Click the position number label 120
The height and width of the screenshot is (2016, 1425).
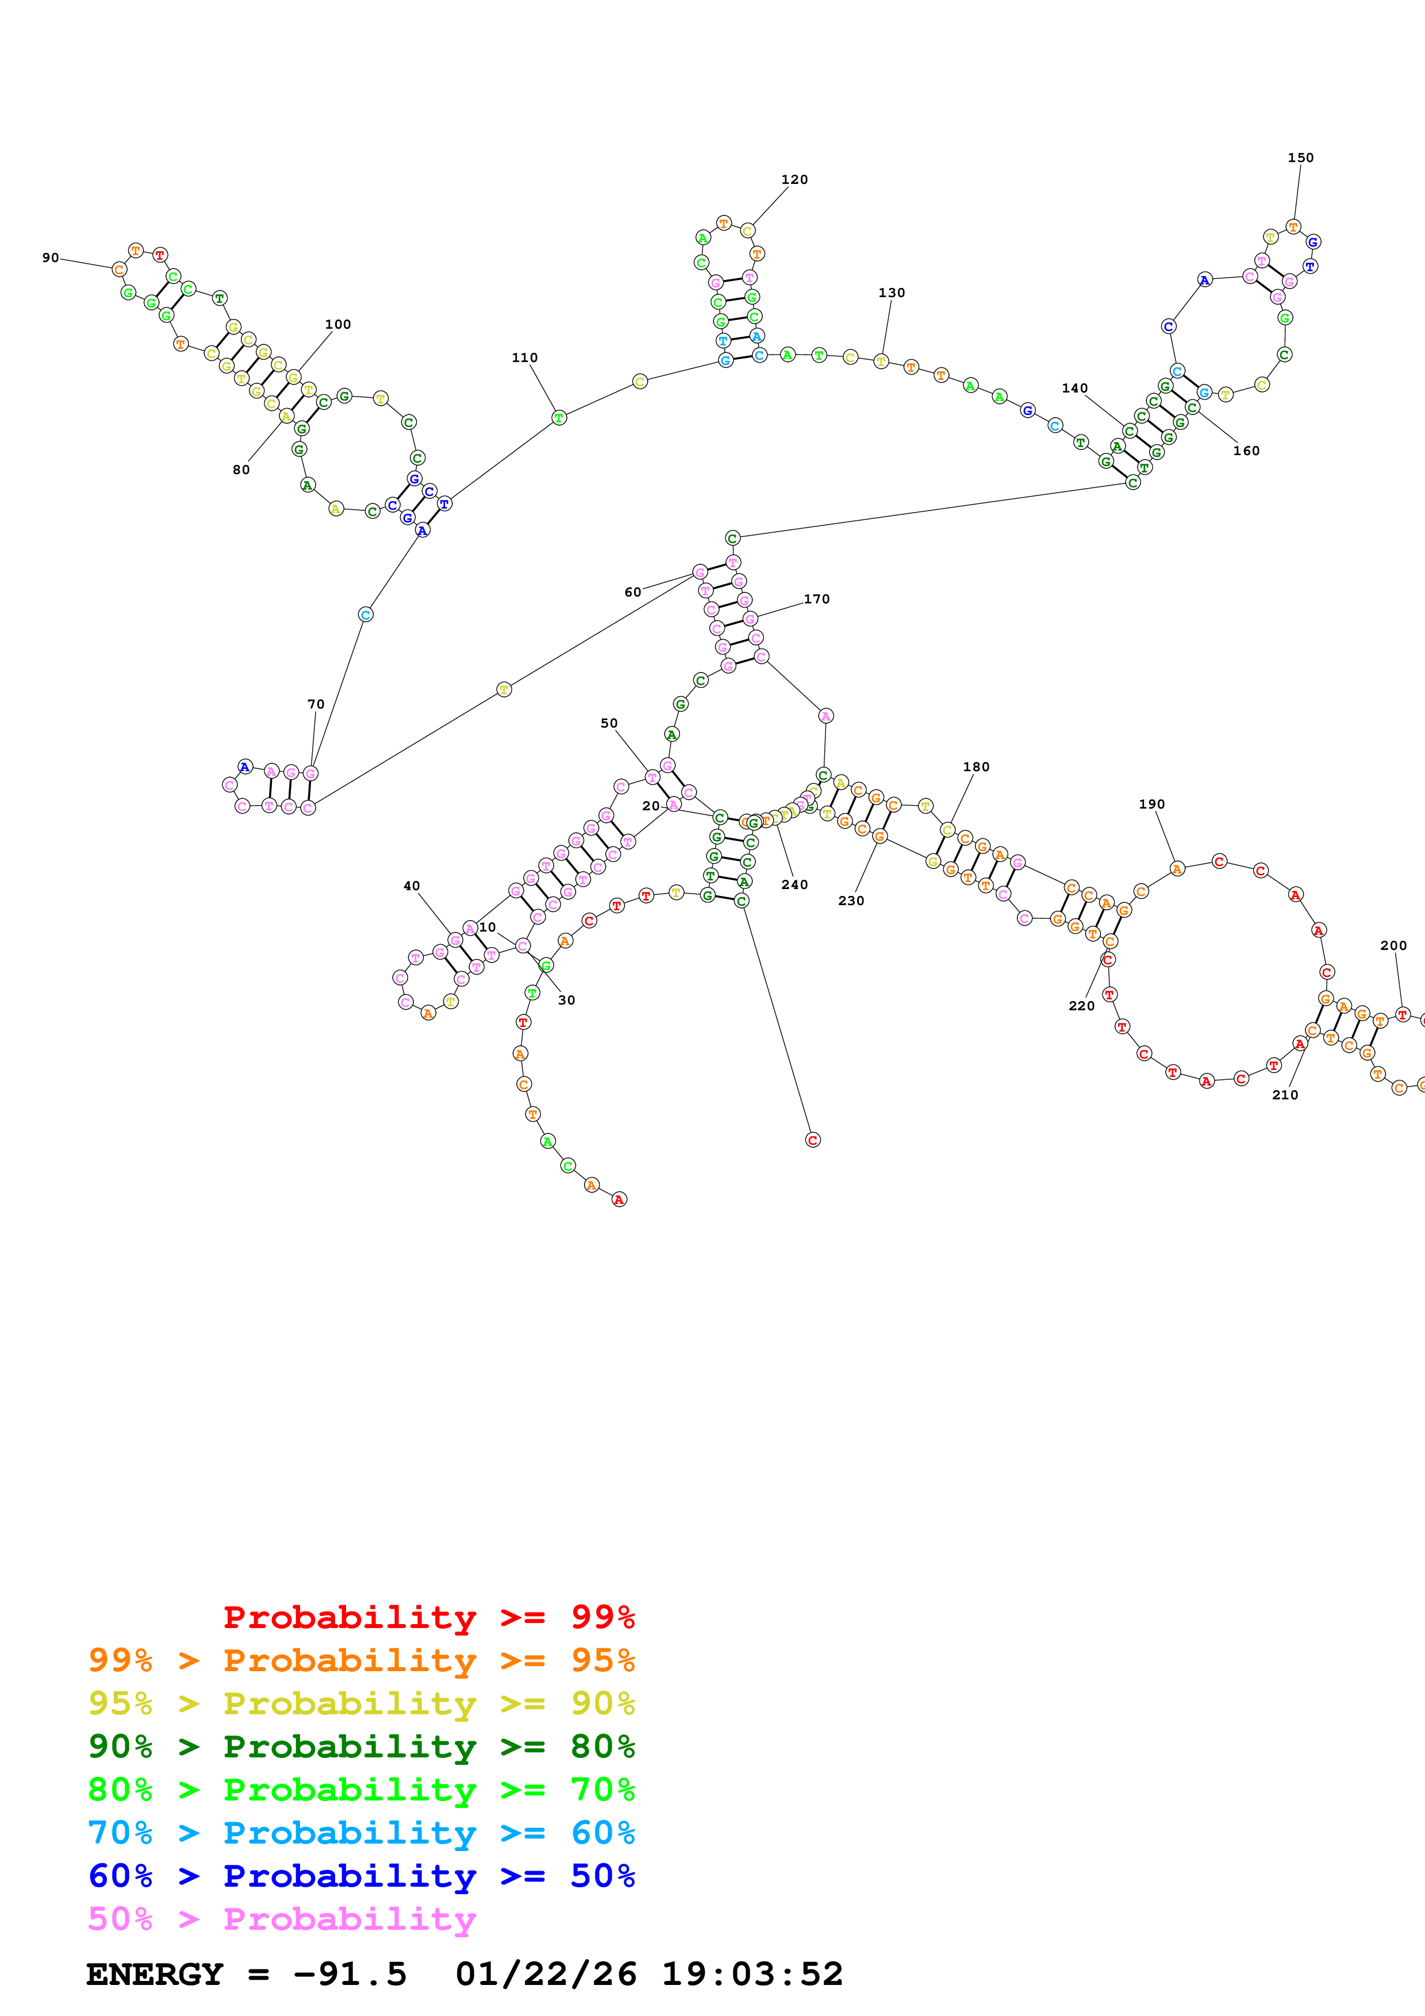tap(794, 180)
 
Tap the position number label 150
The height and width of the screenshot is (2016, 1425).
tap(1300, 158)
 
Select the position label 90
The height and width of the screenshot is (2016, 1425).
tap(51, 258)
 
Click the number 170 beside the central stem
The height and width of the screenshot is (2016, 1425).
tap(816, 599)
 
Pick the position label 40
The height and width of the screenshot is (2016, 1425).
tap(412, 886)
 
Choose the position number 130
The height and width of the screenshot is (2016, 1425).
tap(891, 293)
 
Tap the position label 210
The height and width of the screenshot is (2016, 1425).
tap(1285, 1095)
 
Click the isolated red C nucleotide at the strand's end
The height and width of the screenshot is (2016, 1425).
tap(812, 1140)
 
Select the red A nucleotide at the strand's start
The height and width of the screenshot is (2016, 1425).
tap(619, 1199)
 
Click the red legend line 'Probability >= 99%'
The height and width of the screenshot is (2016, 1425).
tap(428, 1617)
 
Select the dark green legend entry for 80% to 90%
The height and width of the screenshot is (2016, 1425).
tap(362, 1746)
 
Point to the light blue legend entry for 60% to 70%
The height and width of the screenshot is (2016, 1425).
tap(362, 1833)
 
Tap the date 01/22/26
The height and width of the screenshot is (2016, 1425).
tap(546, 1975)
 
